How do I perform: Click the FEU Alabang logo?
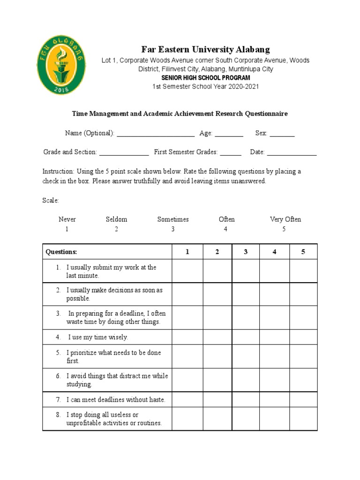coord(62,64)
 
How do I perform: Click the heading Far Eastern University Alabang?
coord(205,50)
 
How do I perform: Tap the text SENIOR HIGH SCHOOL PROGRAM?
coord(205,78)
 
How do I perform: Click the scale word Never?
coord(67,219)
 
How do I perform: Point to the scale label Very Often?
coord(285,219)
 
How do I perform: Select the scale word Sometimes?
coord(173,219)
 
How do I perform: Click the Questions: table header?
coord(61,252)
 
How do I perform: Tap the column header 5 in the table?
coord(303,252)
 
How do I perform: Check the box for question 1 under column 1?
coord(187,271)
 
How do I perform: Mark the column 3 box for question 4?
coord(246,337)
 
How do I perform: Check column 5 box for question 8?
coord(303,419)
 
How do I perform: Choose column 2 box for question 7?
coord(217,400)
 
